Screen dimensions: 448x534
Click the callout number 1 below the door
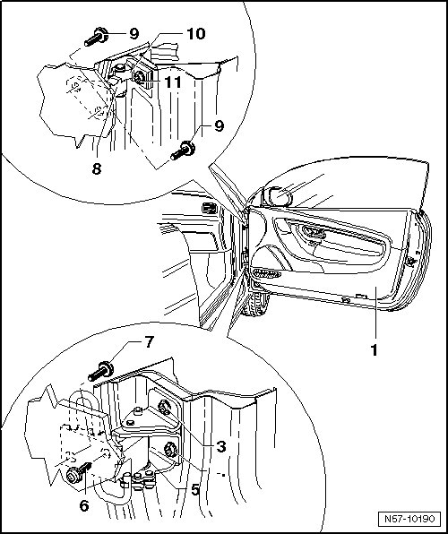pos(374,350)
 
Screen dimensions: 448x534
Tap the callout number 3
pos(221,446)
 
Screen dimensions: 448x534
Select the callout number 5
pos(195,489)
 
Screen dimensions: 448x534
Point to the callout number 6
pos(84,505)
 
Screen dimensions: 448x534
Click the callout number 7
pos(150,342)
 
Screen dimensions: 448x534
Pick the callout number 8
pos(97,169)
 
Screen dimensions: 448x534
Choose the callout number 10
pos(196,34)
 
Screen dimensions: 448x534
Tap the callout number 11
pos(173,82)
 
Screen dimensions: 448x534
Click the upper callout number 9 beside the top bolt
pos(134,33)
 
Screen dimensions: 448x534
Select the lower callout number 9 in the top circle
pos(219,125)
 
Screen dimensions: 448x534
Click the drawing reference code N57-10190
pos(409,519)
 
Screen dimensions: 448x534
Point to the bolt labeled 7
pos(101,372)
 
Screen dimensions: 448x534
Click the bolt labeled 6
pos(78,473)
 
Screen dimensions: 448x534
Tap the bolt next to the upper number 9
pos(96,37)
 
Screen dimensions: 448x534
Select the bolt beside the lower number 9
pos(183,151)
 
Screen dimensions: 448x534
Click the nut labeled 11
pos(138,78)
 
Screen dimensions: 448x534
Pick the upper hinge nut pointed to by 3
pos(165,408)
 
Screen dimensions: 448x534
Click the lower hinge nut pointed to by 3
pos(170,450)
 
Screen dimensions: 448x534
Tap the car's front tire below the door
pos(255,304)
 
